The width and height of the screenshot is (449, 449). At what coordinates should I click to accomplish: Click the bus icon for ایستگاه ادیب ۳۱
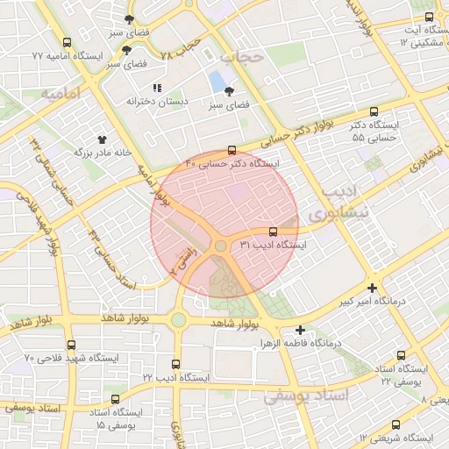[274, 232]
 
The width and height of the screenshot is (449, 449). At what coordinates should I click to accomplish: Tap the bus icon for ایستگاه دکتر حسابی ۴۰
[232, 150]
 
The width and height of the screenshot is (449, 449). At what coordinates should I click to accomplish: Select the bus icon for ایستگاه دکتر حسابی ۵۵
[374, 112]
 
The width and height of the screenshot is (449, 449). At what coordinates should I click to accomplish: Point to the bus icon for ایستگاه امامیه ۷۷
[68, 42]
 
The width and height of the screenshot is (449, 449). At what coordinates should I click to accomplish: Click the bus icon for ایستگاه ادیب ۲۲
[176, 364]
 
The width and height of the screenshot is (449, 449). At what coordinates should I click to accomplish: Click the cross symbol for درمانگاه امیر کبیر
[374, 289]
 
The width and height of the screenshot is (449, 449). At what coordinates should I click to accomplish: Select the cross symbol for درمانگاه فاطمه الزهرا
[301, 331]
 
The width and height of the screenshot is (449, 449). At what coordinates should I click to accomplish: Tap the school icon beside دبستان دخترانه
[157, 88]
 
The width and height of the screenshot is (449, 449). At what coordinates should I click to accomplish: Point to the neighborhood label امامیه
[61, 92]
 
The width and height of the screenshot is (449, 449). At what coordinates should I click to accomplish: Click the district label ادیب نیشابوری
[341, 203]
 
